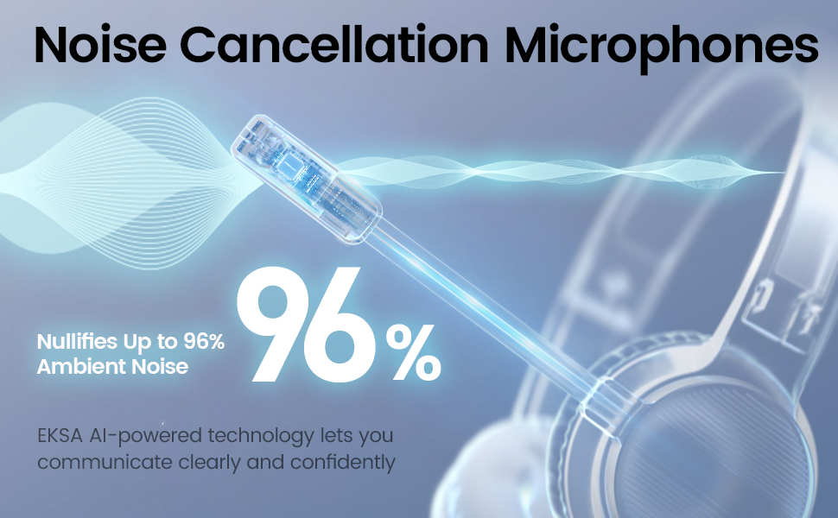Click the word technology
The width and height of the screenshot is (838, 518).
[x=238, y=434]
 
